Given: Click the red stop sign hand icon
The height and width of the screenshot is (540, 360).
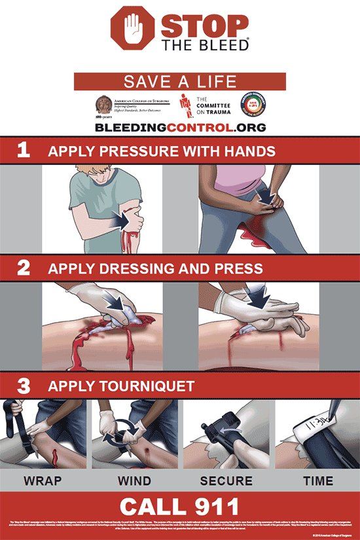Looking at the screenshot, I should tap(134, 30).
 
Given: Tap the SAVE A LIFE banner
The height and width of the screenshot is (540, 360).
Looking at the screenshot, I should tap(179, 82).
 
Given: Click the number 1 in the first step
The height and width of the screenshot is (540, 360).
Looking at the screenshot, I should tap(24, 151).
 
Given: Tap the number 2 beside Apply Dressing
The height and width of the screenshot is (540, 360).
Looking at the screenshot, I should tap(24, 267).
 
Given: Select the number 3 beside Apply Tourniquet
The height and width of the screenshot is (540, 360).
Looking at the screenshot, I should tap(24, 386).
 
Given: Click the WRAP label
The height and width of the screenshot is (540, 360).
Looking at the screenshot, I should tap(43, 480).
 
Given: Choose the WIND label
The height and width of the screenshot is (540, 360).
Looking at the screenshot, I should tap(134, 480).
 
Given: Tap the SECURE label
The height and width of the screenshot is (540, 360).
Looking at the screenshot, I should tap(226, 480).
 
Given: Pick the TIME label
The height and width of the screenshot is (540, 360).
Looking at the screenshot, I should tap(317, 480).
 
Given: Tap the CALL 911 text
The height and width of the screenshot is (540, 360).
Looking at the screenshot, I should tap(179, 505).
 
